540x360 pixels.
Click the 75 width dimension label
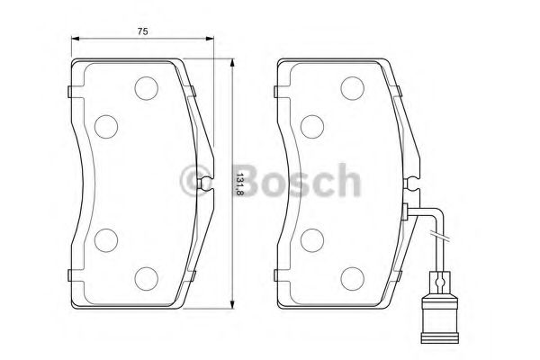coord(142,31)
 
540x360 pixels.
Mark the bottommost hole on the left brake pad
coord(146,276)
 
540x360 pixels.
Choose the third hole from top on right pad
coord(311,239)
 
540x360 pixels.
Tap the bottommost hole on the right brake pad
coord(351,276)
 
